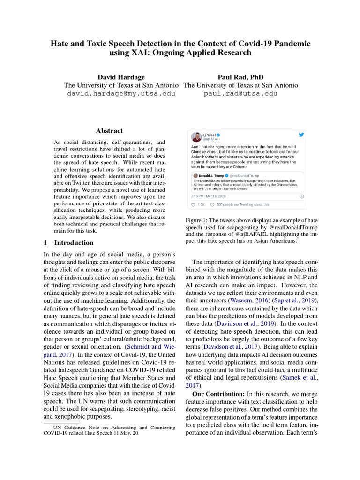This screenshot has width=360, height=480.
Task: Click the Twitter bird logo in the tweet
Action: click(301, 135)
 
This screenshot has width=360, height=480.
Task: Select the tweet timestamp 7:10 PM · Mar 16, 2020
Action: click(209, 196)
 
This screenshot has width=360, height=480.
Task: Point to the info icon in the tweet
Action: click(301, 196)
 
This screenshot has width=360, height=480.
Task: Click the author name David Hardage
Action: click(121, 77)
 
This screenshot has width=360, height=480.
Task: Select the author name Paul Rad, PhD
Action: click(240, 77)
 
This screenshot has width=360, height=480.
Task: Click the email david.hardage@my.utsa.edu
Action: click(121, 93)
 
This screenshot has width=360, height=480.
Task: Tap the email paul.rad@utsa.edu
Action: click(240, 93)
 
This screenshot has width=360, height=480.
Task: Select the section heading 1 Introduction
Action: click(68, 243)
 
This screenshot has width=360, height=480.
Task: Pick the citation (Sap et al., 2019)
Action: click(297, 300)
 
